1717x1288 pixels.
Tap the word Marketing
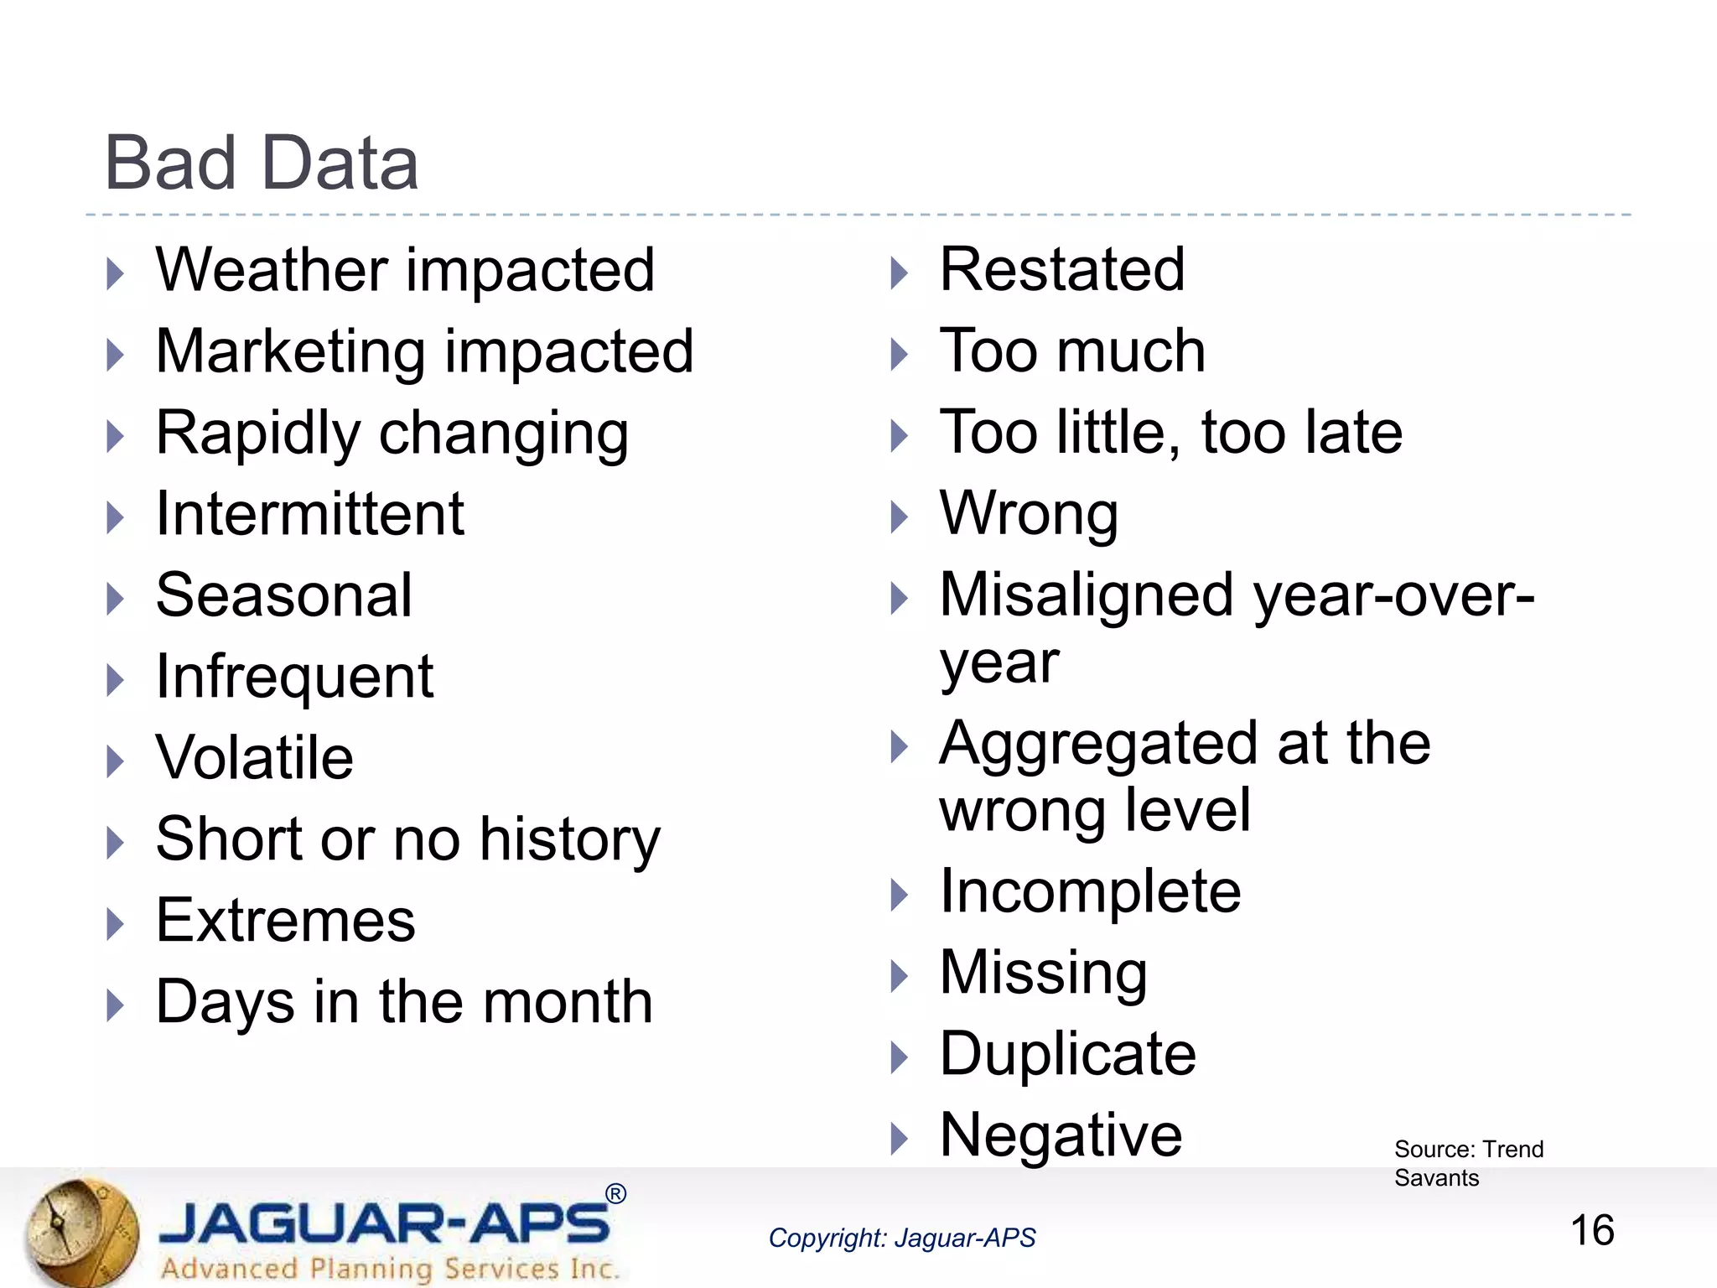290,351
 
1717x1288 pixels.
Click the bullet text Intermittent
309,514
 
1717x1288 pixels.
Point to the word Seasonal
283,595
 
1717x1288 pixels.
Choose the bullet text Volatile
254,758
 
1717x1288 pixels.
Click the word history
570,839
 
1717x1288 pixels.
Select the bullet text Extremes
285,921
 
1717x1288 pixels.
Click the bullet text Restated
1061,270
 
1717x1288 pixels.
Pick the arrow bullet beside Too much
899,354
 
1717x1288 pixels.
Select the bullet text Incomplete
1089,891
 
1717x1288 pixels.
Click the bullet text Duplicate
1067,1054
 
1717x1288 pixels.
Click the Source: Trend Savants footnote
1467,1163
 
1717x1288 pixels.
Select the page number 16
1591,1231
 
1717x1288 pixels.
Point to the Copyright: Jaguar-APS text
901,1238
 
